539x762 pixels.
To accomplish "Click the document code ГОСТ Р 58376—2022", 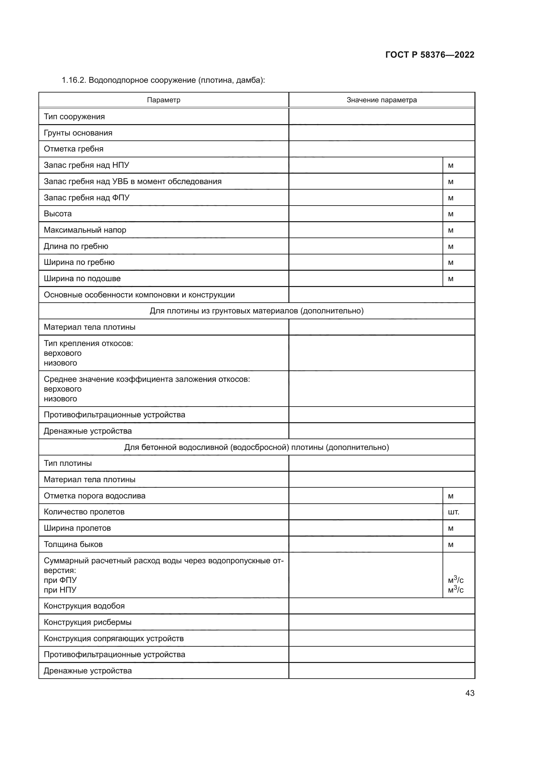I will click(430, 55).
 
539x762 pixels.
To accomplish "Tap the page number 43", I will click(470, 693).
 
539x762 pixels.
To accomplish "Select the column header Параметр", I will click(164, 100).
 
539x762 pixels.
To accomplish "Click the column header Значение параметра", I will click(382, 100).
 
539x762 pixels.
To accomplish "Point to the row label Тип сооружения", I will click(74, 117).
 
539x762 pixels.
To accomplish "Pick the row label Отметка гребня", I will click(74, 149).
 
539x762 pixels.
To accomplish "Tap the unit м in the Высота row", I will click(451, 214).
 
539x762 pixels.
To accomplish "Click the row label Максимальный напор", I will click(85, 230).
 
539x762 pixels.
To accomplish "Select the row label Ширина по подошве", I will click(82, 279).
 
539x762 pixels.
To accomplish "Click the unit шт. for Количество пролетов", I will click(454, 512).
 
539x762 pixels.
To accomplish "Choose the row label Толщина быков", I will click(73, 544).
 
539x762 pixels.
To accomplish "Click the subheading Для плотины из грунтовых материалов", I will click(256, 311).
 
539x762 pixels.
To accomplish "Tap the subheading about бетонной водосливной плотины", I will click(256, 447).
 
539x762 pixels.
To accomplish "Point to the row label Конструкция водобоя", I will click(84, 606).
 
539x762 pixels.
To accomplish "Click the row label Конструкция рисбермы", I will click(88, 622).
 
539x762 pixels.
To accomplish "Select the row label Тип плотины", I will click(68, 463).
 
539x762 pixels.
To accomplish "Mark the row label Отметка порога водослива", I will click(95, 496).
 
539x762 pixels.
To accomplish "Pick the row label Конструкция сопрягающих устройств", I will click(114, 639).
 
